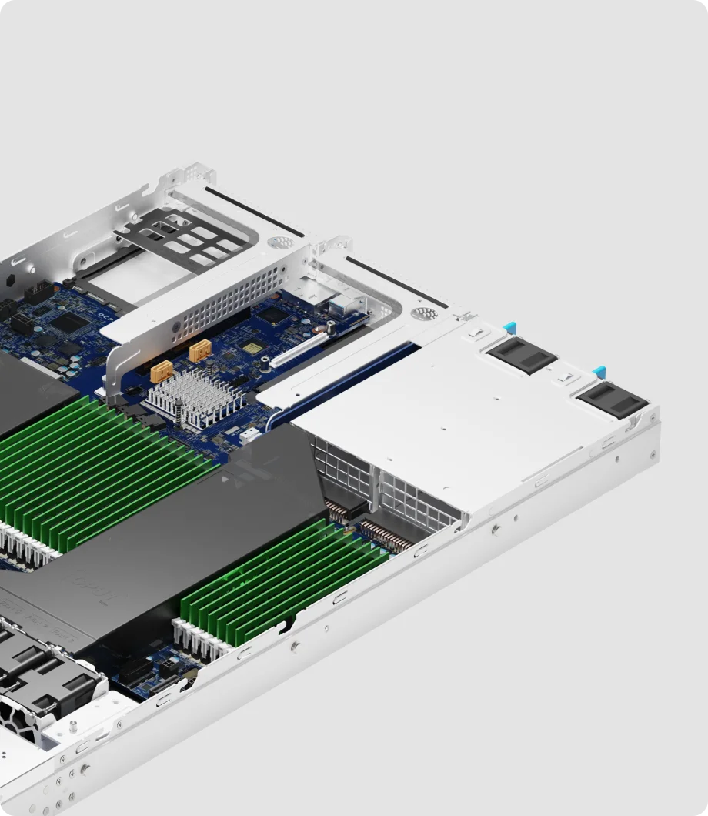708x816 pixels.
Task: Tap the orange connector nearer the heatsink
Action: click(161, 372)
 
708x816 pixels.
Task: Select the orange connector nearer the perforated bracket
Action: click(199, 351)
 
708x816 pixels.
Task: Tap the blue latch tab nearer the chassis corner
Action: click(599, 372)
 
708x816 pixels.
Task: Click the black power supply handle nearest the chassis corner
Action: click(612, 401)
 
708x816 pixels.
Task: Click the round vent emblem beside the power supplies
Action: click(424, 314)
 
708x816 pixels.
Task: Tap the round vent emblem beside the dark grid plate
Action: click(279, 242)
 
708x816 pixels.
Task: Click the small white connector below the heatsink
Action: click(249, 436)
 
